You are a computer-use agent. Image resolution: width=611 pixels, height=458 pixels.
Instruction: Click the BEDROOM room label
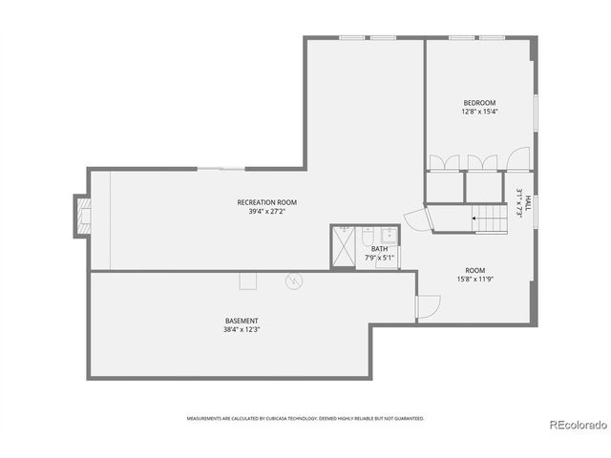tap(479, 103)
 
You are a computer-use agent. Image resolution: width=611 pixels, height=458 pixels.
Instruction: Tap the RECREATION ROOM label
tap(267, 202)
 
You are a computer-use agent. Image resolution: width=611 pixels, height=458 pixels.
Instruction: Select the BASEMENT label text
tap(242, 321)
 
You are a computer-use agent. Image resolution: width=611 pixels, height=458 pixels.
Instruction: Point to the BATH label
tap(379, 249)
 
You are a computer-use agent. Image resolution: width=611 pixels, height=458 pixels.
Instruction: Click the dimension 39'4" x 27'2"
tap(267, 212)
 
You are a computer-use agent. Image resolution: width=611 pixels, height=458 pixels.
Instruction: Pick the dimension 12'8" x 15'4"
tap(479, 112)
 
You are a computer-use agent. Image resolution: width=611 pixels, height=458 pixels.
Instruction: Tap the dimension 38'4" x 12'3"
tap(242, 329)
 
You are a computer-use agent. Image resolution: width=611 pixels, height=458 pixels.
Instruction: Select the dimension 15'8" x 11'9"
tap(475, 279)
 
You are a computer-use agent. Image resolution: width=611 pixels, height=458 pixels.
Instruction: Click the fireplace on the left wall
tap(83, 217)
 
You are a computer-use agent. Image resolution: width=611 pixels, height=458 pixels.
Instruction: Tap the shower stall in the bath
tap(343, 246)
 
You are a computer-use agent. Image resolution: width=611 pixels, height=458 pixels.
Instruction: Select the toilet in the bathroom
tap(367, 237)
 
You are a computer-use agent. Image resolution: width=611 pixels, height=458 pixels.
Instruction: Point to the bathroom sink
tap(389, 236)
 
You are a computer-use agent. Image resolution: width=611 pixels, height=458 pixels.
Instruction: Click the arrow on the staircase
tap(474, 219)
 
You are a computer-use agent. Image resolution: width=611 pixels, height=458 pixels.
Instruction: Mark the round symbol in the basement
tap(294, 281)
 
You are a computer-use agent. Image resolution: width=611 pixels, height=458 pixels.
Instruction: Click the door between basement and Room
tap(428, 307)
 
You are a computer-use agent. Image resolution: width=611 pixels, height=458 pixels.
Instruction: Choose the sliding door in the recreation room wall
tap(221, 169)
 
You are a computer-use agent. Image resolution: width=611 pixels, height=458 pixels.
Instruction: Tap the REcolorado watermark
tap(579, 425)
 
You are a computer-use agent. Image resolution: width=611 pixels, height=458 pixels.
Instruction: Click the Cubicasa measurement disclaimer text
tap(305, 418)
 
